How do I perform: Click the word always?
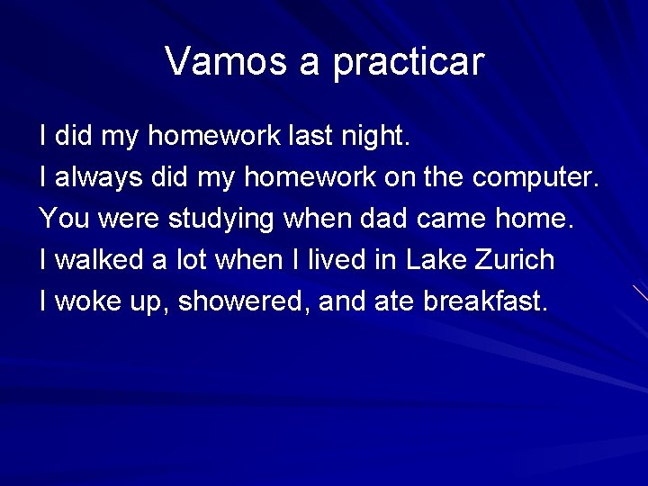tap(98, 178)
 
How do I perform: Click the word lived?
tap(334, 260)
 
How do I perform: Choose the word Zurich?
tap(514, 260)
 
